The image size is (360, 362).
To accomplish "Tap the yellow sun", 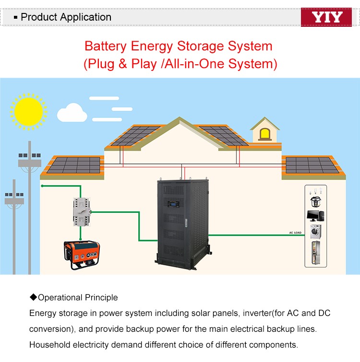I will [28, 111].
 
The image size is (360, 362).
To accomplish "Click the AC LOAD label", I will [295, 233].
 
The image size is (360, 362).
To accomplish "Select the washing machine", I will [315, 232].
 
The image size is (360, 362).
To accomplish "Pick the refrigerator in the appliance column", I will [315, 253].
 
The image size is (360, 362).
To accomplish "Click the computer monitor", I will [315, 215].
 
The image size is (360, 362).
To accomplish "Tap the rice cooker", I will [315, 200].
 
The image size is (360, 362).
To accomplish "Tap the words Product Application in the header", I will [66, 17].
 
